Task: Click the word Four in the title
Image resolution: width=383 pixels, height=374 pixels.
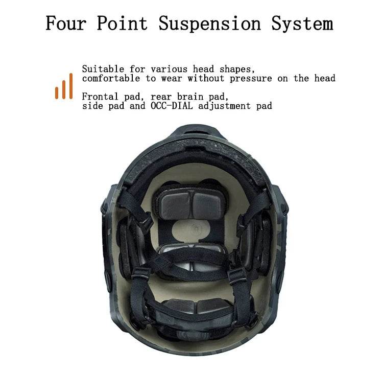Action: coord(66,23)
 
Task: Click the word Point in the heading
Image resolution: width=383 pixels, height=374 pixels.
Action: coord(122,23)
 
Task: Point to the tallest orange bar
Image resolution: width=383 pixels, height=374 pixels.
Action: coord(71,86)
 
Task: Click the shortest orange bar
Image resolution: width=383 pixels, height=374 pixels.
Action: coord(57,93)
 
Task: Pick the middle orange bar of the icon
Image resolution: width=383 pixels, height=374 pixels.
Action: coord(64,89)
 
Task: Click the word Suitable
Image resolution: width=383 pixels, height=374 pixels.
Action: coord(103,69)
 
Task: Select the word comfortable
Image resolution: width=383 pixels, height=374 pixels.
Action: coord(111,78)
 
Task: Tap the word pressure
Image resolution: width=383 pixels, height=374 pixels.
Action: coord(251,79)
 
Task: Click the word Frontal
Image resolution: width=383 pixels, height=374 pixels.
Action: coord(100,97)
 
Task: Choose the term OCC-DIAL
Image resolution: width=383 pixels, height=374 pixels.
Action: coord(172,106)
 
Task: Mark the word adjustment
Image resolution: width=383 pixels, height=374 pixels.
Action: coord(225,106)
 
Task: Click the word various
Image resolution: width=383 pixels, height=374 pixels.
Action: coord(169,69)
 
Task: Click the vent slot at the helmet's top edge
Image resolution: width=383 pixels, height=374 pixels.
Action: coord(197,132)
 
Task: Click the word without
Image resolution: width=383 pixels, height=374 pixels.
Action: coord(206,78)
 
